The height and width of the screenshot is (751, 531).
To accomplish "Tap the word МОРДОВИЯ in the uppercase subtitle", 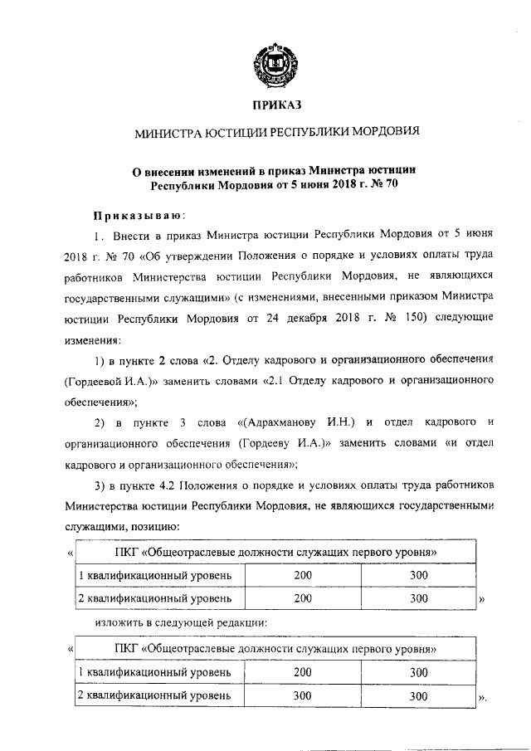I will [x=380, y=131].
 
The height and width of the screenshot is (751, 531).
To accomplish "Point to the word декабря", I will [x=297, y=318].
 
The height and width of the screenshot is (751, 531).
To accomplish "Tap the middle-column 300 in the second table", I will [x=303, y=695].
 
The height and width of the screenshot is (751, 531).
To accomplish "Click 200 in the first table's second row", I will [x=303, y=597].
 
